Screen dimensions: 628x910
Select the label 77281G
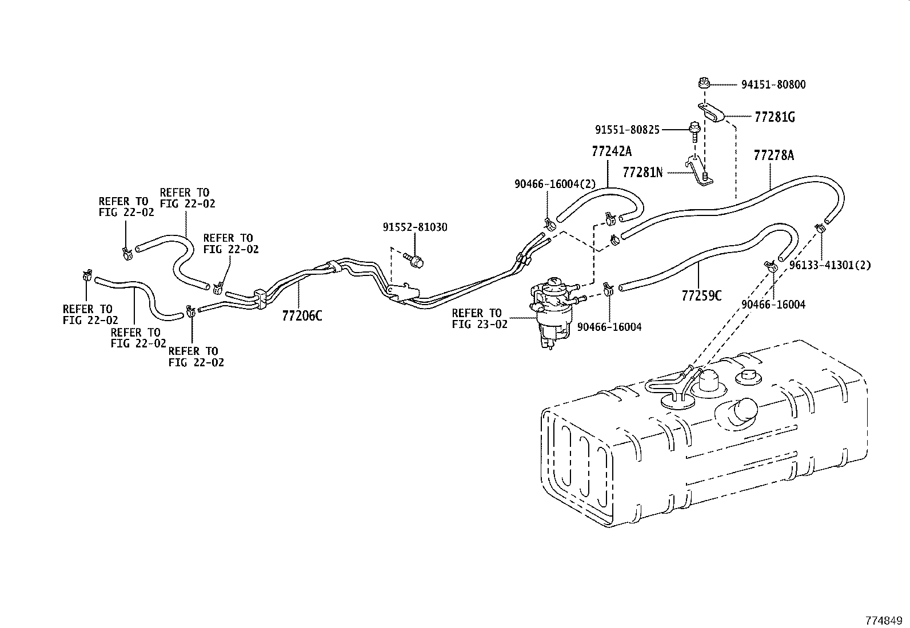[775, 117]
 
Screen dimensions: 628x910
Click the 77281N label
[642, 172]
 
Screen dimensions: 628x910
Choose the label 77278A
[773, 155]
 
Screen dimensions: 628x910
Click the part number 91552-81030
[415, 227]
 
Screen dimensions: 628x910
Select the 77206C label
[302, 315]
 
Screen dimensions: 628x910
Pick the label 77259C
[701, 296]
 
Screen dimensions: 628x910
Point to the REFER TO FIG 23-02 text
[480, 319]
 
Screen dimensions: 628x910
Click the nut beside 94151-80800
[704, 84]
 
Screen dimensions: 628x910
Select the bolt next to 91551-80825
[694, 131]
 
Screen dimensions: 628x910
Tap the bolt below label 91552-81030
[414, 260]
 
